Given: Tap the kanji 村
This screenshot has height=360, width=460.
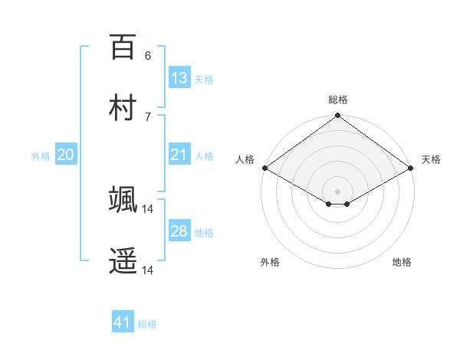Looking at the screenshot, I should (x=123, y=107).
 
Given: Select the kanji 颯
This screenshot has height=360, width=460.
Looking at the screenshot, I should (x=123, y=199).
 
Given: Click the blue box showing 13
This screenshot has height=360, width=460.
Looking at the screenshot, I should (x=179, y=77).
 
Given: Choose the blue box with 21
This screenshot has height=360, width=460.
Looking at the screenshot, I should (x=179, y=155).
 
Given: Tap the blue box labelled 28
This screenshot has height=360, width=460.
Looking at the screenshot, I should (x=179, y=231).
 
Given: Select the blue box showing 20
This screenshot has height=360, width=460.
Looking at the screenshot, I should (x=66, y=155).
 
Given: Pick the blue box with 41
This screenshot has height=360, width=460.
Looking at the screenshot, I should (x=123, y=322).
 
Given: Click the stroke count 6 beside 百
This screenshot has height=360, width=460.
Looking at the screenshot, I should (x=148, y=55).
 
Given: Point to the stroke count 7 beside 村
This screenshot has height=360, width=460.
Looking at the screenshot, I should (x=148, y=116).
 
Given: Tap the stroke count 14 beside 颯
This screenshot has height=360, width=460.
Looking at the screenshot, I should (x=149, y=208).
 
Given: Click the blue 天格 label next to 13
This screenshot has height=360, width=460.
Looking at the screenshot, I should (x=204, y=80).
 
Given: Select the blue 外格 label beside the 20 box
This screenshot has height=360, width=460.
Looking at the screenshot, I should (x=41, y=156).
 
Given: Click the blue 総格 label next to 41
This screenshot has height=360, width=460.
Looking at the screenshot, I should (x=147, y=324).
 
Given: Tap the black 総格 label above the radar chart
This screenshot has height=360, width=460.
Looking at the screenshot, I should (x=338, y=100).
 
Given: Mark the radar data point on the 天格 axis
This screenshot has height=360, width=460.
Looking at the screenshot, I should (x=411, y=169).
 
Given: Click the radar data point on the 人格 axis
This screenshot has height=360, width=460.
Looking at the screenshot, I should (x=264, y=168).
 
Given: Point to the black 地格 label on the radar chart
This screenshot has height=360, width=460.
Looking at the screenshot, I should (x=402, y=262).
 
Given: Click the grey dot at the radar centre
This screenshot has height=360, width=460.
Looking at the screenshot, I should (x=338, y=191).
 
